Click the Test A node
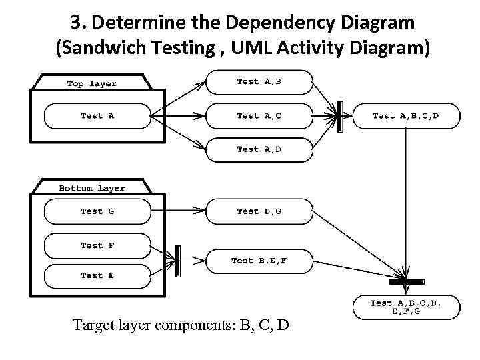click(97, 116)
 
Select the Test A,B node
click(259, 82)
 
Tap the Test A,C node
click(259, 116)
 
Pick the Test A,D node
click(259, 149)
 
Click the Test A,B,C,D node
click(405, 116)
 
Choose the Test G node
click(97, 211)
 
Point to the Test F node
click(97, 245)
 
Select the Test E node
click(97, 275)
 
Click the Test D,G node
click(259, 211)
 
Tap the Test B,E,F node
click(259, 261)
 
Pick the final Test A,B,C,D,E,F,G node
click(405, 307)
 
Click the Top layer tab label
click(92, 83)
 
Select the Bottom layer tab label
click(92, 188)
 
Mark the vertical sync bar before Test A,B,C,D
click(339, 116)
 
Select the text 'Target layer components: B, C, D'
click(181, 326)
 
